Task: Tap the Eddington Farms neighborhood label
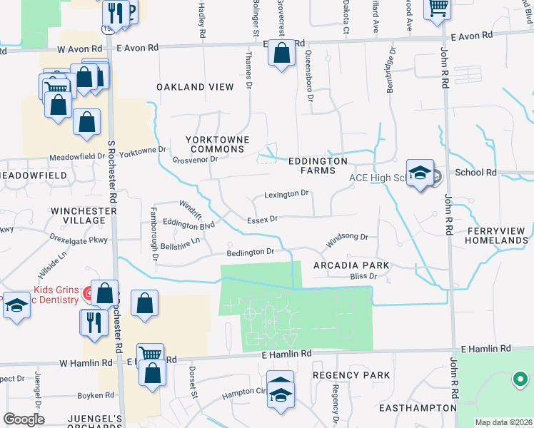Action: coord(322,166)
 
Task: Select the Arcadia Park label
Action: coord(351,265)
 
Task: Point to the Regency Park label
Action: coord(351,375)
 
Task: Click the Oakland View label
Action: coord(196,87)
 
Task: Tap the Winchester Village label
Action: coord(84,216)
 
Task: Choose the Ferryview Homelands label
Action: coord(495,236)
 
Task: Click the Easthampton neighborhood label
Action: coord(418,408)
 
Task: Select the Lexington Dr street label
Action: coord(286,193)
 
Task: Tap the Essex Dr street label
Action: coord(262,220)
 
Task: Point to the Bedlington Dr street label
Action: coord(251,252)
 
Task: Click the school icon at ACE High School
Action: coord(420,173)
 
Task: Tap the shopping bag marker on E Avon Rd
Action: coord(282,53)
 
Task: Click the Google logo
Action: coord(24,419)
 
